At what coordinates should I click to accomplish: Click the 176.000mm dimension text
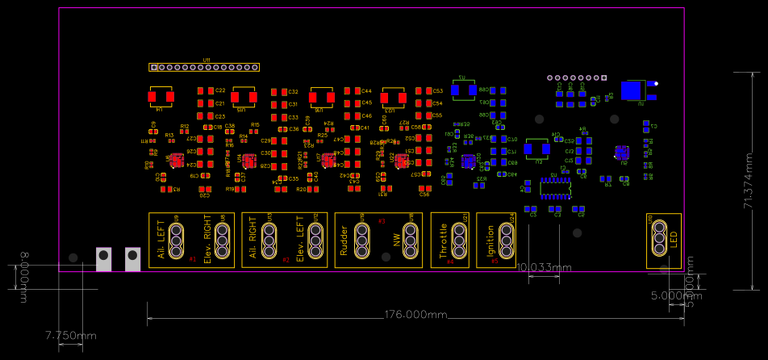pos(415,314)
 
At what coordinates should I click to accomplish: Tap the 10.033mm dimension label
pos(544,267)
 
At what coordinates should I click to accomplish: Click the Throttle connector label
pos(443,240)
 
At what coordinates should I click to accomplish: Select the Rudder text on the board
pos(344,240)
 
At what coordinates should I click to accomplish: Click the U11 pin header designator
pos(207,60)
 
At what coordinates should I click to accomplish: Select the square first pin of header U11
pos(153,67)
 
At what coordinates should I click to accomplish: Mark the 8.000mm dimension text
pos(25,270)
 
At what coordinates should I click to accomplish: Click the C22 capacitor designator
pos(220,91)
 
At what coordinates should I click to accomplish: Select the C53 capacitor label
pos(438,91)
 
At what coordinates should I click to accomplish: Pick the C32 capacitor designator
pos(293,92)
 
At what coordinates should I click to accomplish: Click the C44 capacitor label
pos(366,91)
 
